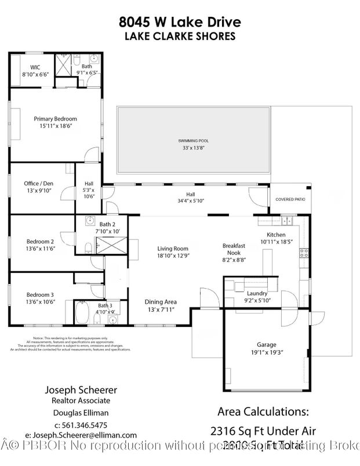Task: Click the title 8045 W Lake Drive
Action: pyautogui.click(x=179, y=22)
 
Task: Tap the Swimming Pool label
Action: pyautogui.click(x=194, y=141)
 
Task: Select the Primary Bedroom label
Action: pyautogui.click(x=55, y=119)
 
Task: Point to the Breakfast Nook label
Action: pyautogui.click(x=234, y=249)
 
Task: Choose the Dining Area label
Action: pyautogui.click(x=160, y=302)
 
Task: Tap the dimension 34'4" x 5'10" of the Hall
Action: pyautogui.click(x=191, y=201)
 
